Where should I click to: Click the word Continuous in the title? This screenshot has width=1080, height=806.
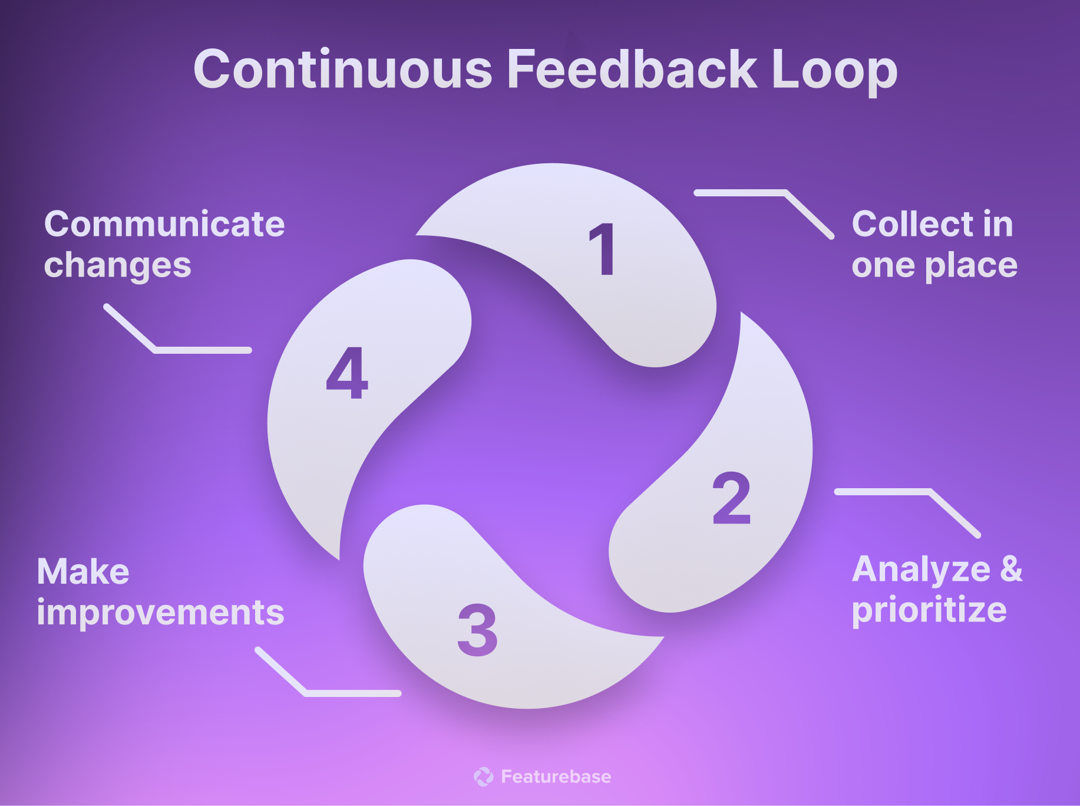point(342,70)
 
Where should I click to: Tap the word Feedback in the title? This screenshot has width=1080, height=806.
point(631,70)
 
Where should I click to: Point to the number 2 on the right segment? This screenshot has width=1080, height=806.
point(731,498)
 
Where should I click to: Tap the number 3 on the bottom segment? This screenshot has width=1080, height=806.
point(477,630)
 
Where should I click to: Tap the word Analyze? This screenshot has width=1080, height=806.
point(921,571)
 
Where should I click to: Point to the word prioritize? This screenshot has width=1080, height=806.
point(929,610)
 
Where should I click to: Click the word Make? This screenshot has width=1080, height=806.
point(83,572)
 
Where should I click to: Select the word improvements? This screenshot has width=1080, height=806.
point(160,613)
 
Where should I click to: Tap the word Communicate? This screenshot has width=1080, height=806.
point(164,224)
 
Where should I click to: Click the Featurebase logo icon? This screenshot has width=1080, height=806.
point(483,777)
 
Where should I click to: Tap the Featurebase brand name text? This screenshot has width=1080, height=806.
point(556,777)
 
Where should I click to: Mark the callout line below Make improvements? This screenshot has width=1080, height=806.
point(352,693)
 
